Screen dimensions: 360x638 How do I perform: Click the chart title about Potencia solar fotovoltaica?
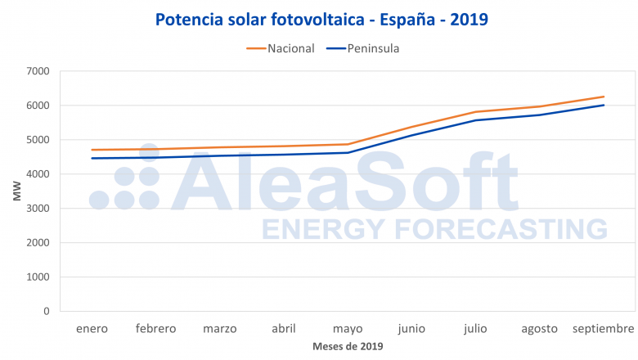point(321,19)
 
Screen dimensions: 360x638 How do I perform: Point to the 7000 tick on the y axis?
point(37,71)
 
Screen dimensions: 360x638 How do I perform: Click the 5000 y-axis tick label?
point(37,140)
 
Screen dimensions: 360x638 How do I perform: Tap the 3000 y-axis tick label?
point(37,209)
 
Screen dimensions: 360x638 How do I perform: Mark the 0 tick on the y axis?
point(46,311)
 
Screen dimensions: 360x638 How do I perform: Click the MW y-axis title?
point(17,192)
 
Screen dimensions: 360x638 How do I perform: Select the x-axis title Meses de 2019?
point(348,346)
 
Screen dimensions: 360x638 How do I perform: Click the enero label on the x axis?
point(92,329)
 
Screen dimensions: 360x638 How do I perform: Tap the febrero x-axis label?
point(155,329)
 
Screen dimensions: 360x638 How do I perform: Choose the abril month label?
point(284,329)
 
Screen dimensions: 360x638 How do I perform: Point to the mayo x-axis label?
point(348,329)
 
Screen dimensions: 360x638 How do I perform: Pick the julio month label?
point(475,329)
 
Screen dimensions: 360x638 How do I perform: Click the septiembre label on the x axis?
point(603,329)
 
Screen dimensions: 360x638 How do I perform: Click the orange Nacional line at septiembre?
point(604,97)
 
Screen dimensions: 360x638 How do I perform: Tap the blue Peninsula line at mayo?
point(348,152)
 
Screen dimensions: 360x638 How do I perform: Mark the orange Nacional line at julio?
point(475,112)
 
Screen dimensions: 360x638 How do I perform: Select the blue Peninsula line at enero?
point(92,158)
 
